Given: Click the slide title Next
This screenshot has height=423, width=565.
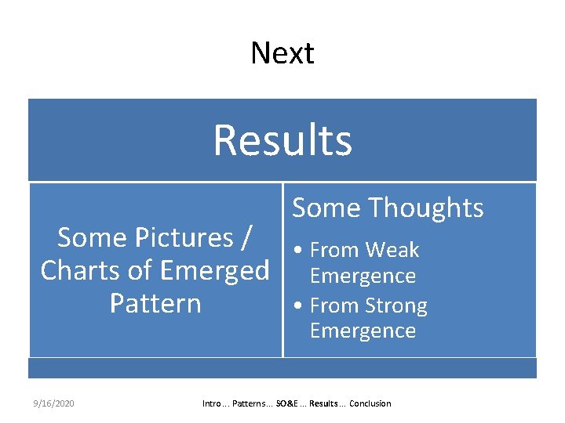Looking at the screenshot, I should click(282, 53).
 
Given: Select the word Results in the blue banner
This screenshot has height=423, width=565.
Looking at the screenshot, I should click(282, 140).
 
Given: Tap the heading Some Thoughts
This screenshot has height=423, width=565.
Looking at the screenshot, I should click(388, 208).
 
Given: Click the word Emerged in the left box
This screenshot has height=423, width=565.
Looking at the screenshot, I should click(217, 270).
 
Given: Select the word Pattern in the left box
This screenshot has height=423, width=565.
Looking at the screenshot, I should click(155, 303).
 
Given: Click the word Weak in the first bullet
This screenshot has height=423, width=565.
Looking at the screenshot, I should click(392, 251).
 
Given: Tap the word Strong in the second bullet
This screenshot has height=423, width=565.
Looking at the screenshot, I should click(397, 305).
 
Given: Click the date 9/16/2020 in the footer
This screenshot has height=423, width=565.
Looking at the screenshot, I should click(53, 403).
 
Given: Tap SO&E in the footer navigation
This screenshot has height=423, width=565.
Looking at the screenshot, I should click(287, 403).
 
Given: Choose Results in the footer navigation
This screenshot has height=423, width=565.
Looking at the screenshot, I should click(323, 403).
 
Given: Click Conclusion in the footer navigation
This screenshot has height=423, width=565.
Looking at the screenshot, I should click(370, 403).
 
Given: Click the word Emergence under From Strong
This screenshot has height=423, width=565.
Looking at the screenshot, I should click(363, 331).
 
